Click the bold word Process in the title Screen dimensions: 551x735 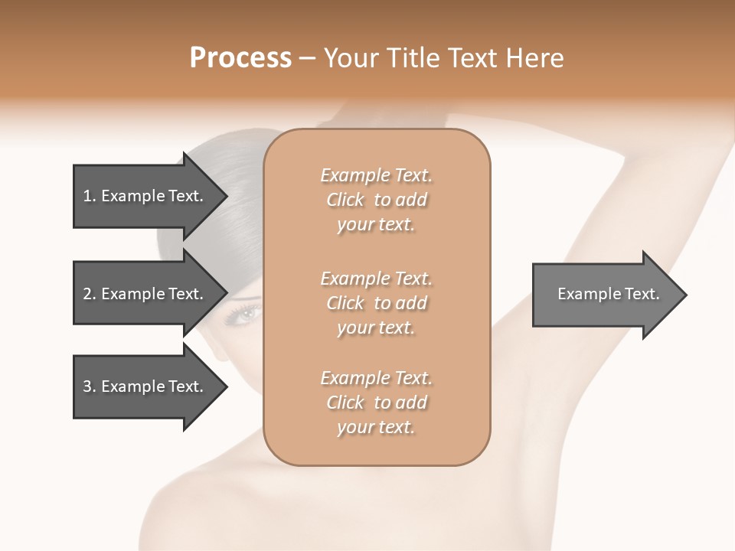pos(240,57)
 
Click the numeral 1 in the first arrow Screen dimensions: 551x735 pos(87,196)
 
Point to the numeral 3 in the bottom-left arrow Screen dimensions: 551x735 pos(87,386)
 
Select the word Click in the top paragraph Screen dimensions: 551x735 pos(345,200)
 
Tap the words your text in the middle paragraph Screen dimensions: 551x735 pos(376,328)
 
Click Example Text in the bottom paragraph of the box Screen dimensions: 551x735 pos(376,378)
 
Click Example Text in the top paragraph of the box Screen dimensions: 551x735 pos(376,175)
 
